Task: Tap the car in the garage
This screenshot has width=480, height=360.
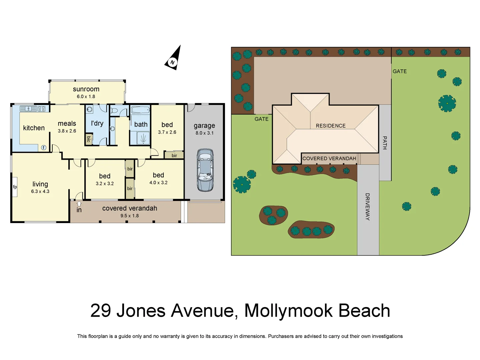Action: tap(205, 170)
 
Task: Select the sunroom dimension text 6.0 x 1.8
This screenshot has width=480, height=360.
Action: tap(86, 97)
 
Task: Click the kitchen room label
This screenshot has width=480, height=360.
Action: tap(34, 128)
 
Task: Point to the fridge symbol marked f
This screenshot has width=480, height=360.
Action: tap(44, 148)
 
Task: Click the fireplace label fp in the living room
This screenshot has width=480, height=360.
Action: tap(15, 187)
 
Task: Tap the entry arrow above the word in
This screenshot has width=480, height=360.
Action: tap(79, 204)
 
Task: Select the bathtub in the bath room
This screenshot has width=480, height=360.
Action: tap(140, 110)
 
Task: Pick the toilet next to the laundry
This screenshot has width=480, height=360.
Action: tap(114, 110)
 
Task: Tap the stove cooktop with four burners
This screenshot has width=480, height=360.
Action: tap(42, 109)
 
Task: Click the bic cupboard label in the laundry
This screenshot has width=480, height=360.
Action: tap(89, 139)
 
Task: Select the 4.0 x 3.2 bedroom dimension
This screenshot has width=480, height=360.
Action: tap(158, 183)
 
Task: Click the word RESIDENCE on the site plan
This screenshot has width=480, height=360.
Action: tap(331, 126)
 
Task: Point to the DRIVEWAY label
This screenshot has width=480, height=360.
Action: tap(367, 207)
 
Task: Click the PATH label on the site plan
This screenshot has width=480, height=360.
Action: tap(385, 143)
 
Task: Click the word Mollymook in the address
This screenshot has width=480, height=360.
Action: tap(288, 311)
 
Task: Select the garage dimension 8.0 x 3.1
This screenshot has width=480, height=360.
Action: tap(204, 133)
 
